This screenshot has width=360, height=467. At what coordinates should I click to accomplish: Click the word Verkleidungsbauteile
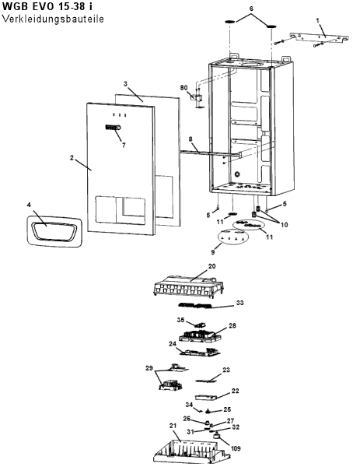(53, 19)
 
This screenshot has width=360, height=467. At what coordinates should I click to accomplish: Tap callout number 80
(183, 87)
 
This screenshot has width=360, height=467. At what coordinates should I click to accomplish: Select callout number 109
(236, 448)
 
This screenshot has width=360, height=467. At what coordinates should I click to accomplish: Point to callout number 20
(211, 266)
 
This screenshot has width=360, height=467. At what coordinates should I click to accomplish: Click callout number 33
(239, 303)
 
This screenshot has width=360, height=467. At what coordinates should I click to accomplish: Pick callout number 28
(232, 325)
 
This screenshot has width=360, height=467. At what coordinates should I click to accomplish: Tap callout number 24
(173, 344)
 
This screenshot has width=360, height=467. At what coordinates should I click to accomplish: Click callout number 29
(149, 368)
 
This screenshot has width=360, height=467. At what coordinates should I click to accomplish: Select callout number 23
(226, 370)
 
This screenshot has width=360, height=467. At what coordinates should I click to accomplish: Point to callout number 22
(235, 391)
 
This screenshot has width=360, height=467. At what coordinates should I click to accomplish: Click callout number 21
(173, 426)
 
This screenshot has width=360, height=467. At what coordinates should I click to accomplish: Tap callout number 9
(213, 252)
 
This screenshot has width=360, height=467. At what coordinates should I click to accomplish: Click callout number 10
(284, 224)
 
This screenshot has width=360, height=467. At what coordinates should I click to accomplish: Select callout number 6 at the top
(251, 9)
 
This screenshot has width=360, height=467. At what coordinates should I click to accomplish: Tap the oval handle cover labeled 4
(54, 231)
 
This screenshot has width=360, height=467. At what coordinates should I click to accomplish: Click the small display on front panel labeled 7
(113, 128)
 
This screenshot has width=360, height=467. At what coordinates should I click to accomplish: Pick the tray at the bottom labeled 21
(192, 451)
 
